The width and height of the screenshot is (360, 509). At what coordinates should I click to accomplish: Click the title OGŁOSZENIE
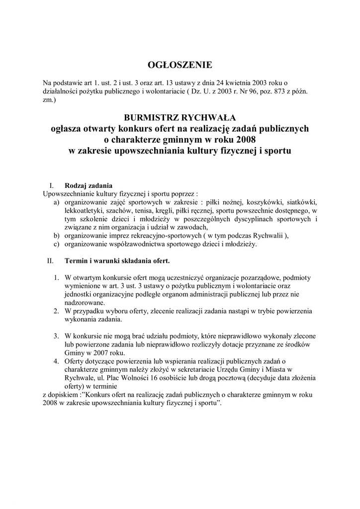tap(180, 65)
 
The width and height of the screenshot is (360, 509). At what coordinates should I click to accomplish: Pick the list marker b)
tap(57, 236)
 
